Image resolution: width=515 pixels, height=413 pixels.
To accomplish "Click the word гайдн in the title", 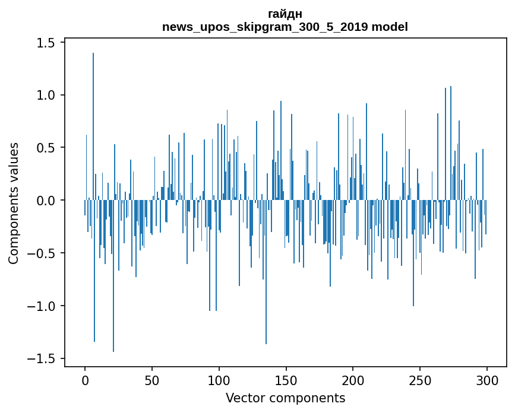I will pos(285,14).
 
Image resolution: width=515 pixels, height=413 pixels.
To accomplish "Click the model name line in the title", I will pos(285,27).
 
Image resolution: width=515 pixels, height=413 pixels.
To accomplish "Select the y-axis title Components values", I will pos(14,203).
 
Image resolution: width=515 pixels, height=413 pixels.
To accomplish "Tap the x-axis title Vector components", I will pos(285,398).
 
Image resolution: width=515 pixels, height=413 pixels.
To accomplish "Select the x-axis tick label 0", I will pos(85,380).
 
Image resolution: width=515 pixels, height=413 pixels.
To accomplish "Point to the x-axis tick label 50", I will pos(152,380).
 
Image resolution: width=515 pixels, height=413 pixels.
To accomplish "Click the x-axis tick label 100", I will pos(219,380).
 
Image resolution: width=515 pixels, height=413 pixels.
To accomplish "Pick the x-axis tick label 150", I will pos(286,380).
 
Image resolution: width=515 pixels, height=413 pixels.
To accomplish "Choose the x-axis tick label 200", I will pos(353,380).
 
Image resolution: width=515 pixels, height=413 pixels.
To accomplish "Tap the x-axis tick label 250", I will pos(421,380).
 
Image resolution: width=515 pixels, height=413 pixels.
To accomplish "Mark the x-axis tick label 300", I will pos(488,380).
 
